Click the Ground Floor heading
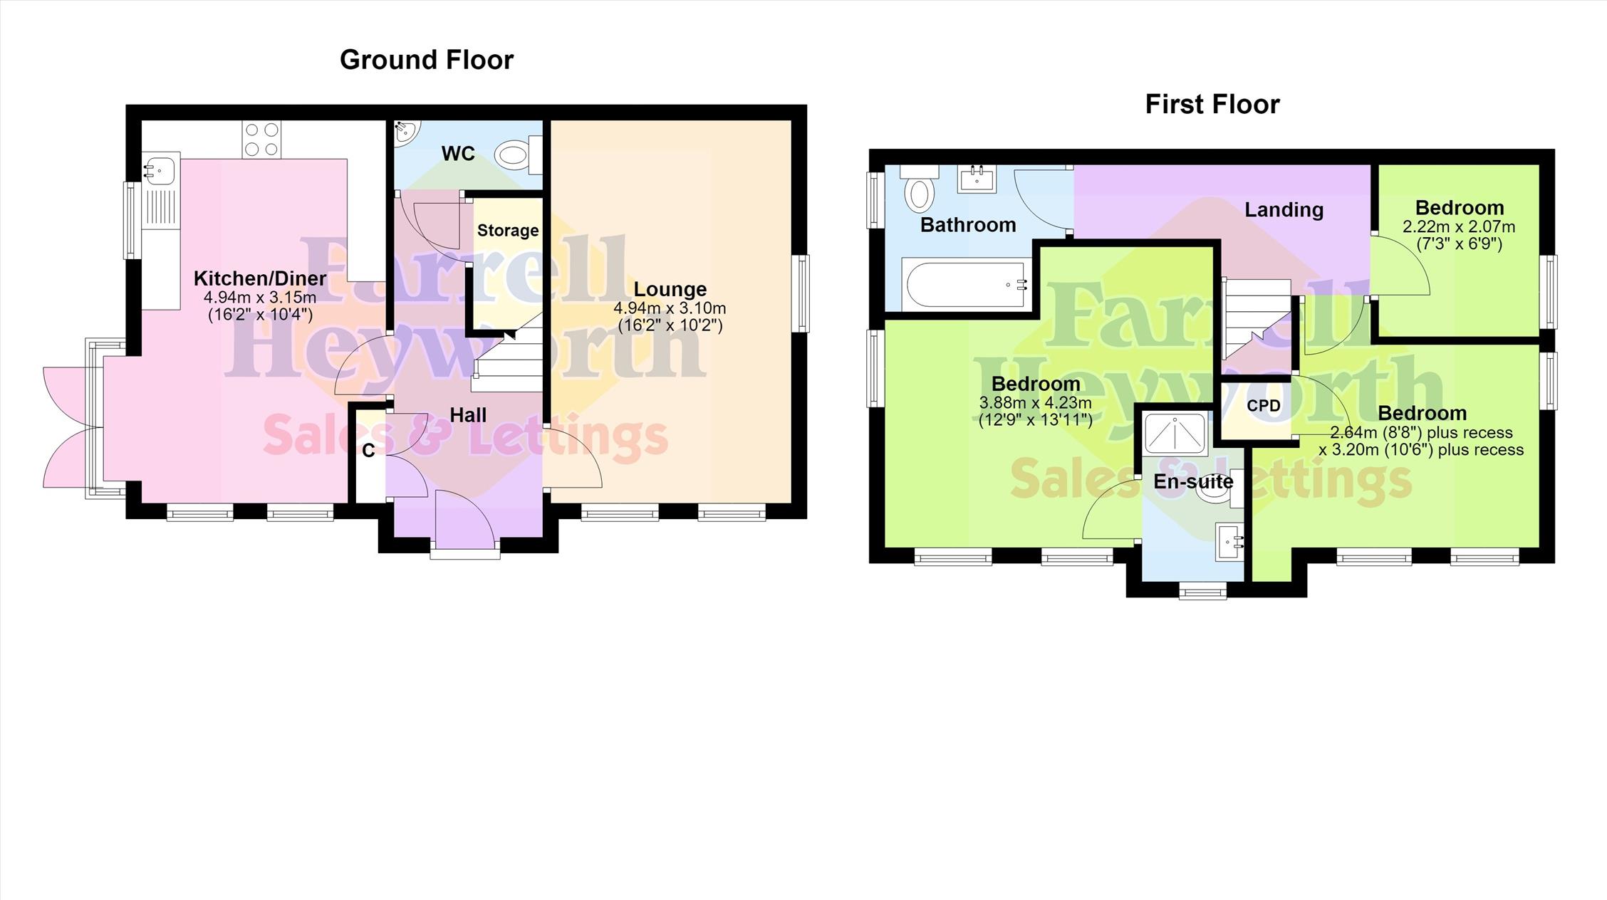click(427, 60)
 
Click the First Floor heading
click(1212, 105)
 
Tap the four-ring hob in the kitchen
click(261, 139)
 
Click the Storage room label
click(508, 230)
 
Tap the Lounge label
click(670, 289)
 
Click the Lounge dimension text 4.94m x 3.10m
click(670, 308)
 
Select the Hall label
click(468, 415)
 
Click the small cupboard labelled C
click(368, 451)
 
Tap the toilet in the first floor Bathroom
click(919, 189)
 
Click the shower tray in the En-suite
click(1175, 433)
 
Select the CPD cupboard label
click(1264, 406)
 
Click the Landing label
click(1284, 210)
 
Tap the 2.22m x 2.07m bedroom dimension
click(1459, 227)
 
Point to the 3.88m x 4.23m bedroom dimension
click(1036, 403)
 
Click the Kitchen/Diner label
click(260, 278)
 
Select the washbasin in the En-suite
click(1231, 543)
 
